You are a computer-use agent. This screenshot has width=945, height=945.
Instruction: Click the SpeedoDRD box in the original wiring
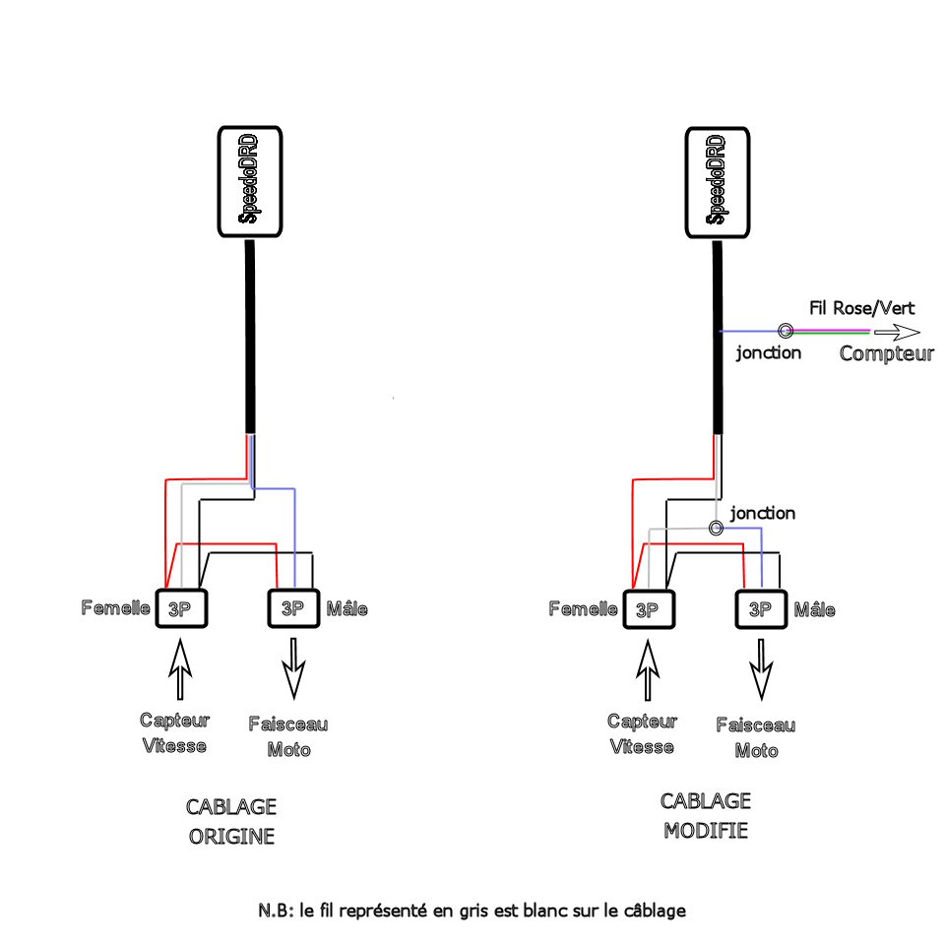[249, 181]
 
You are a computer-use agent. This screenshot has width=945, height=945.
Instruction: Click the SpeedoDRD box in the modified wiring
[718, 181]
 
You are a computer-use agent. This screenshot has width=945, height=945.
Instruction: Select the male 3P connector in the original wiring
[293, 607]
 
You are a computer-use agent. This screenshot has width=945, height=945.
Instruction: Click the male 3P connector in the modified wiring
[762, 609]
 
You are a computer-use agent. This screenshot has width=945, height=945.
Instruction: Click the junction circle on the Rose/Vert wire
[786, 331]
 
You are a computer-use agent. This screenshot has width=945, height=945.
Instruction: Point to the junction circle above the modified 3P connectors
[717, 529]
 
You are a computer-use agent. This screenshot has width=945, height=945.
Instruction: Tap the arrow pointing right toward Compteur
[896, 332]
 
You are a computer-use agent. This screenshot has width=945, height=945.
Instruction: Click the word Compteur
[886, 353]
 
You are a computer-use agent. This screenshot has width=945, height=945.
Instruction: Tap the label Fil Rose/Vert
[853, 308]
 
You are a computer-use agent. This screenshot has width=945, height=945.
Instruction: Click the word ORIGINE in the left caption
[232, 838]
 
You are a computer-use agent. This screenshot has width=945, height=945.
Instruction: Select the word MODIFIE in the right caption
[706, 830]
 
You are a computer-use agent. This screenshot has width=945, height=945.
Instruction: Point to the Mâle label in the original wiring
[346, 608]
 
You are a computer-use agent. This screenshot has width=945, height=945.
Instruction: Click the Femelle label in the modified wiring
[583, 609]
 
